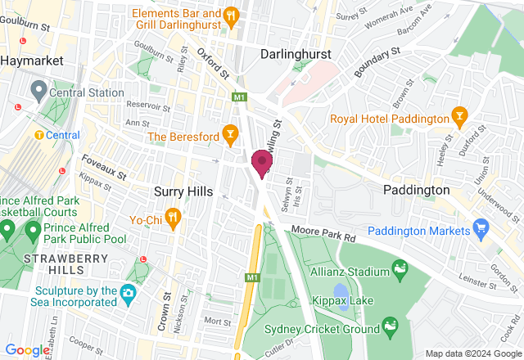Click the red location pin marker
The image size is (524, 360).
click(x=262, y=162)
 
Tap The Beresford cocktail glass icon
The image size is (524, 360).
click(x=231, y=133)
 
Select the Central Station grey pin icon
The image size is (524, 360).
click(x=38, y=88)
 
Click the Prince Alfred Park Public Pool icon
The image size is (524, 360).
click(x=33, y=232)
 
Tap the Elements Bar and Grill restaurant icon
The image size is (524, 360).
click(x=231, y=14)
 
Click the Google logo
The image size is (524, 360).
click(x=26, y=349)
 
